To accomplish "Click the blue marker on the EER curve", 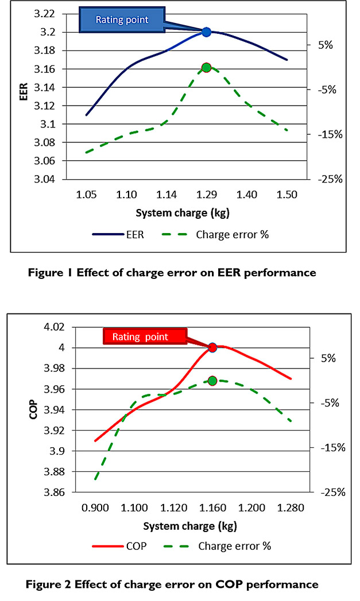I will coord(206,32).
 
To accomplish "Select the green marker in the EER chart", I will coord(207,68).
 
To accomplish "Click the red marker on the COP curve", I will coord(212,347).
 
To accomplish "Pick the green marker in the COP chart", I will coord(212,381).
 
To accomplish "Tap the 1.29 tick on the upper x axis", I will coord(206,195).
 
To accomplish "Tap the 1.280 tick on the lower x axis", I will coord(291,508).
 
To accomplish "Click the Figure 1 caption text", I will coord(180,273).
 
